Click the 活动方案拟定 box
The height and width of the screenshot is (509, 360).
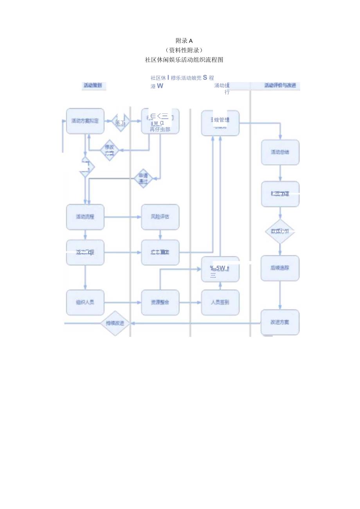[x=85, y=121]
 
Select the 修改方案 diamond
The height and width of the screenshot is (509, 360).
[x=110, y=150]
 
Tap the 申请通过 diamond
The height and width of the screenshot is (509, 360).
[x=143, y=178]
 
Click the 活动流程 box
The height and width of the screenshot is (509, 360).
[x=85, y=217]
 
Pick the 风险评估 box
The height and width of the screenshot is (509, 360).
[x=160, y=217]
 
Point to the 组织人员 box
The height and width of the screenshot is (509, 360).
[x=85, y=302]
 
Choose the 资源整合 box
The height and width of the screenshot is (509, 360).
[x=160, y=302]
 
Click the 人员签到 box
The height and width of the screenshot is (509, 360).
[x=220, y=302]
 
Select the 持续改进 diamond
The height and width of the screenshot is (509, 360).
[x=115, y=323]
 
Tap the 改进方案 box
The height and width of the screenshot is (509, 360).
[x=280, y=322]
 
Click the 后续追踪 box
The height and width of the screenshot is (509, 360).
[x=280, y=268]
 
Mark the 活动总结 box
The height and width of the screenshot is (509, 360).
[x=280, y=152]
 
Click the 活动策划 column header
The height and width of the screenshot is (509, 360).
[x=92, y=85]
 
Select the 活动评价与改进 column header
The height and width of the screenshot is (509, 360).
[x=280, y=85]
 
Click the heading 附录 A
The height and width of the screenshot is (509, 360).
[x=184, y=41]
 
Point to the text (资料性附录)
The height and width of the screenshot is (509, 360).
[x=184, y=50]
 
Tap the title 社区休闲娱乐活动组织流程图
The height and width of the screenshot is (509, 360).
[x=184, y=60]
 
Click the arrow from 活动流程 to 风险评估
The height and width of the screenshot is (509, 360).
[x=123, y=217]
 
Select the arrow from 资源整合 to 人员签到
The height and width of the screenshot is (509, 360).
[x=190, y=302]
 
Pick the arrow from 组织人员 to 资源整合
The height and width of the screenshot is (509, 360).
[x=123, y=302]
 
